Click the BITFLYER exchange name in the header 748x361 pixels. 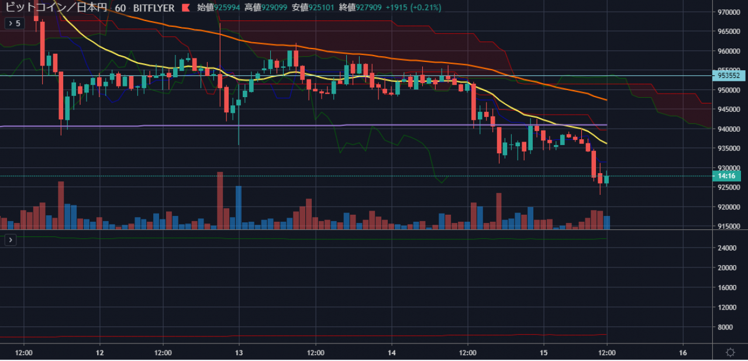pos(154,8)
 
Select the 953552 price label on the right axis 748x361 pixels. pos(729,75)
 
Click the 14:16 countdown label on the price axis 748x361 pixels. pos(726,176)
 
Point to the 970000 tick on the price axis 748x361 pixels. pos(728,12)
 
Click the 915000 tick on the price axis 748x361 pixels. pos(728,226)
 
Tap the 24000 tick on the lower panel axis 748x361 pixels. pos(726,248)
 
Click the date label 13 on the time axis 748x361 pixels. pos(239,353)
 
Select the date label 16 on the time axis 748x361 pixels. pos(683,353)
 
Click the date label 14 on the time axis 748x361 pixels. pos(392,353)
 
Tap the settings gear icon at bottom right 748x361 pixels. pos(730,352)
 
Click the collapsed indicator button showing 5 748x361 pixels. pos(14,23)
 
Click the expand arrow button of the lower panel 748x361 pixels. pos(11,240)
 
